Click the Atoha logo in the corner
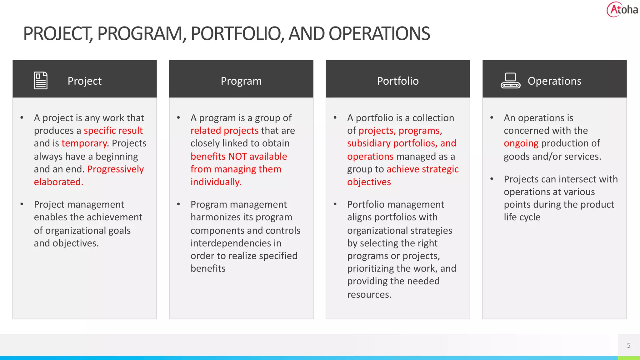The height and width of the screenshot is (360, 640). click(x=622, y=10)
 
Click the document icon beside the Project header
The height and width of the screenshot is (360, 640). click(x=41, y=81)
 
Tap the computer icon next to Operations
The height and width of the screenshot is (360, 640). click(x=510, y=81)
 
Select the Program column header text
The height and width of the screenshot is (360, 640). click(x=241, y=81)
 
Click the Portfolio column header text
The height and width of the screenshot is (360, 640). click(x=397, y=81)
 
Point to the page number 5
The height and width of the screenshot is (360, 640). click(x=629, y=345)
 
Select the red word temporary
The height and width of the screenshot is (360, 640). click(x=84, y=143)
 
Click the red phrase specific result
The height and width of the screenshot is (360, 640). click(x=113, y=130)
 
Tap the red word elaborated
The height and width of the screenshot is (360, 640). click(x=58, y=182)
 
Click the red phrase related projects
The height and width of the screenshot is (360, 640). click(x=224, y=130)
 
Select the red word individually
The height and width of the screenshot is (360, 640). click(x=216, y=182)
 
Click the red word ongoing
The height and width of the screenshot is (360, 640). click(x=521, y=143)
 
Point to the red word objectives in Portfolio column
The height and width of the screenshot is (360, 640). click(x=369, y=182)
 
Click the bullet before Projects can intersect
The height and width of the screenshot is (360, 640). click(x=492, y=179)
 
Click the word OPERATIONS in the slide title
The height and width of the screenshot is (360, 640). click(x=379, y=33)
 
